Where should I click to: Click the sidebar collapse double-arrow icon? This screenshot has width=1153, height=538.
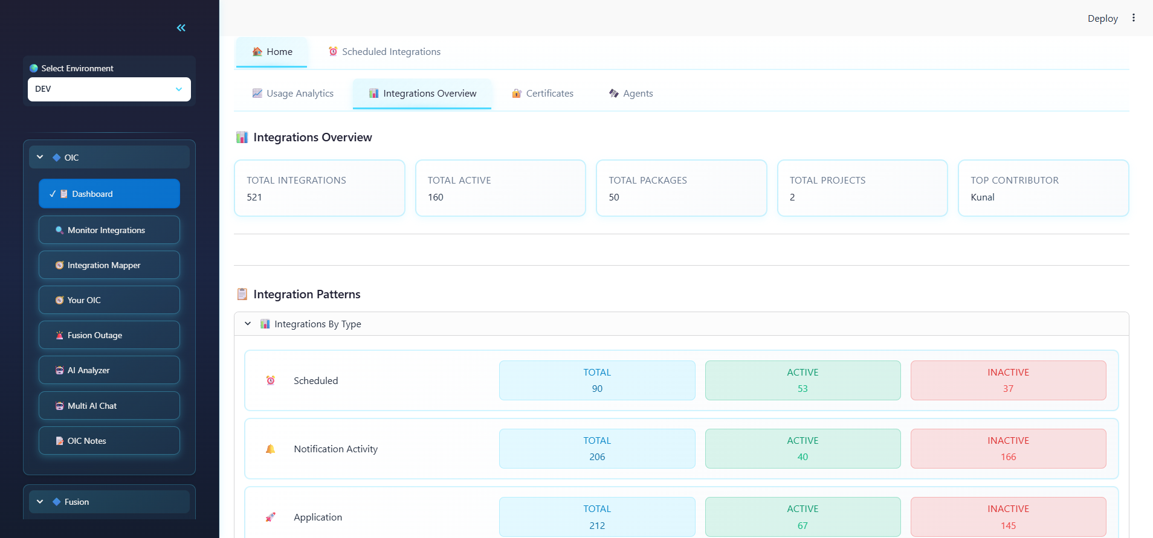(181, 28)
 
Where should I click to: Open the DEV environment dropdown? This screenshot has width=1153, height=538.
(109, 89)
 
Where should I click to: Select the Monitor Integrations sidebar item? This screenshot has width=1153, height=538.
(109, 230)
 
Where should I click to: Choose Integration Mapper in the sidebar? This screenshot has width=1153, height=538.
(109, 265)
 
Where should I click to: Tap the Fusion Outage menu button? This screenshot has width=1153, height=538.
(109, 335)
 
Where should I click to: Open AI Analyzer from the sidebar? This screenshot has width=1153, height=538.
(109, 370)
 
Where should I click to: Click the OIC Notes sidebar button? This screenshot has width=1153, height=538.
(109, 441)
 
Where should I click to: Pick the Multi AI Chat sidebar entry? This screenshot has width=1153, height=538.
(109, 406)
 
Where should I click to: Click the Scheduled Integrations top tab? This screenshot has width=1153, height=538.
(384, 52)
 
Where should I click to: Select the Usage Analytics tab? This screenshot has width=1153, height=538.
(293, 94)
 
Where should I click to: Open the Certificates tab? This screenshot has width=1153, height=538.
(543, 94)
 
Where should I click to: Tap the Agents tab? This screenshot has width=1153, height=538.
(631, 94)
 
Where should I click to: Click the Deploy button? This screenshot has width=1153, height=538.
(1102, 19)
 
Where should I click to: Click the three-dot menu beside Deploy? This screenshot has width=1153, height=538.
(1134, 18)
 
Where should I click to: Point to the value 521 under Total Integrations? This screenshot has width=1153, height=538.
(254, 197)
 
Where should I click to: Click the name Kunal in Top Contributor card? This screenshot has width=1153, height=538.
(983, 197)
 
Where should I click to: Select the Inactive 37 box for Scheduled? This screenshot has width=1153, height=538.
(1008, 380)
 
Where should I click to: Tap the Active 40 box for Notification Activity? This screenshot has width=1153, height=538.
(803, 449)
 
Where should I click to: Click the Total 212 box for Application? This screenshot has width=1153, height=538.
(597, 517)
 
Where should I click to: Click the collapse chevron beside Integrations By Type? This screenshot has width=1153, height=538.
(248, 324)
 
